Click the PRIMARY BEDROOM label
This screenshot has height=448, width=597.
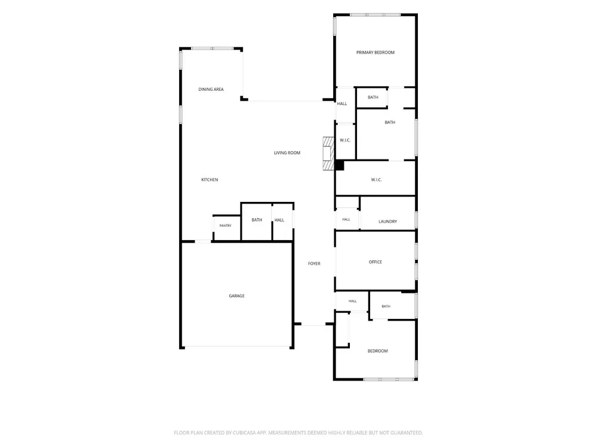pos(375,53)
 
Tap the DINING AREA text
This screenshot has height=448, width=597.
pos(211,90)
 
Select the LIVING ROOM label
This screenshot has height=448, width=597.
pos(287,153)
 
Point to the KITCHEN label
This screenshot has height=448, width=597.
pos(210,180)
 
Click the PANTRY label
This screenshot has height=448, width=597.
pos(226,226)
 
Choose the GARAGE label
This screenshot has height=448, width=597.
pos(236,296)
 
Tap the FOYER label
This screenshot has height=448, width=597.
pos(314,263)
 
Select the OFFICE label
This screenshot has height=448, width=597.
pos(376,262)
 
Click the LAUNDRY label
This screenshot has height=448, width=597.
pos(387,222)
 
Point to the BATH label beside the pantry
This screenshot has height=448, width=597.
pos(257,220)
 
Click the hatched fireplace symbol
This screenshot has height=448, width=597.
pos(328,153)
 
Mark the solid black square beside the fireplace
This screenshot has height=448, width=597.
pos(339,165)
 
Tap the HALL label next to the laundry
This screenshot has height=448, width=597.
pos(346,219)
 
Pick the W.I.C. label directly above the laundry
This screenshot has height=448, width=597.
pos(376,180)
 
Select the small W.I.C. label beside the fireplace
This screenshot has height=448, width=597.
pos(345,140)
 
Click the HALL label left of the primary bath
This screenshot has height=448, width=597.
pos(342,103)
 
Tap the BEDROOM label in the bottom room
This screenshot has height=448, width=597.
pos(377,351)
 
